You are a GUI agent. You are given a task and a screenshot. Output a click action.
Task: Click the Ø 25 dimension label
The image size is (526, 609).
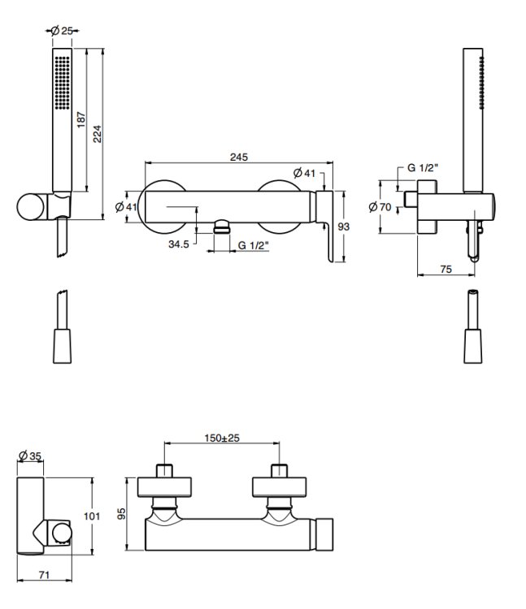pyautogui.click(x=63, y=30)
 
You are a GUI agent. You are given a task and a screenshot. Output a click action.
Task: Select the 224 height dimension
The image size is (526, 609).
pyautogui.click(x=98, y=134)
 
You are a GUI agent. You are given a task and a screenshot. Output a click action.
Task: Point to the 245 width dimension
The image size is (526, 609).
pyautogui.click(x=238, y=157)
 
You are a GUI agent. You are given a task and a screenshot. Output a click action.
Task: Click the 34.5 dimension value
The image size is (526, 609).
pyautogui.click(x=179, y=244)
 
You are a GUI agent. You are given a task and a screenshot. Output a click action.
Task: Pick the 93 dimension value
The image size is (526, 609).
pyautogui.click(x=343, y=227)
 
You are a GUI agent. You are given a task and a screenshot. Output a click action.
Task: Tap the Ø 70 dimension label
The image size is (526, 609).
pyautogui.click(x=380, y=207)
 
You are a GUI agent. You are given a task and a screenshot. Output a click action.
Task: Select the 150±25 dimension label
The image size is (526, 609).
pyautogui.click(x=222, y=438)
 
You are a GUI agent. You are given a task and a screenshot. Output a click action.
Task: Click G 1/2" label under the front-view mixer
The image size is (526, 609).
pyautogui.click(x=254, y=244)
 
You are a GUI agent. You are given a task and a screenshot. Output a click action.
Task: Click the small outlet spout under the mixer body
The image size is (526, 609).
pyautogui.click(x=219, y=227)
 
